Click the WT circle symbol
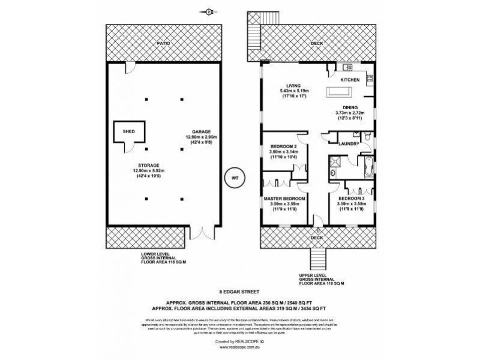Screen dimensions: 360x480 (235, 178)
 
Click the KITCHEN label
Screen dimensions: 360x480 (350, 79)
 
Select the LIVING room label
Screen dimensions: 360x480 (293, 85)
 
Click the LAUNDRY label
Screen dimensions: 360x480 (349, 143)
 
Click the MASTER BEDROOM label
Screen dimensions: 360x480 (284, 198)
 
